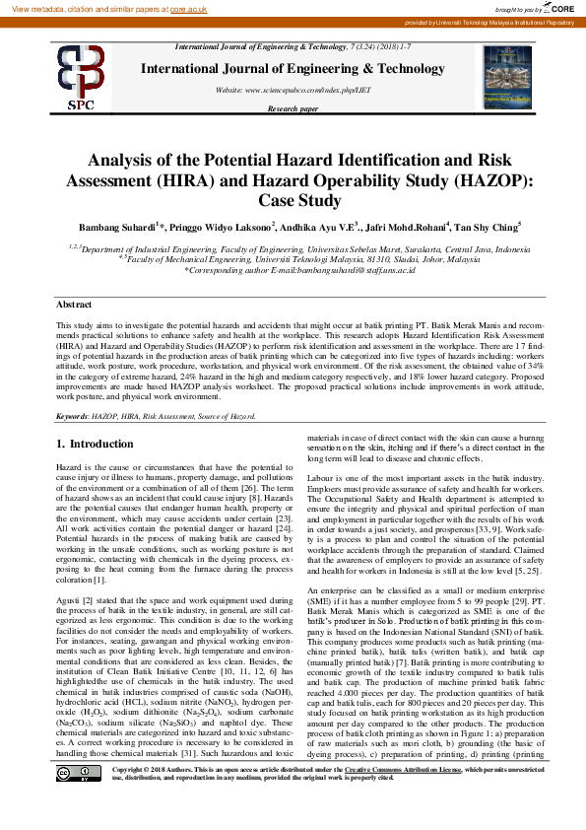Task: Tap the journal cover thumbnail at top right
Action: pos(507,77)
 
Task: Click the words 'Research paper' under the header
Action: pos(293,108)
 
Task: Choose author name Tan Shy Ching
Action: pos(488,227)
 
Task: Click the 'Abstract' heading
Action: pos(74,306)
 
